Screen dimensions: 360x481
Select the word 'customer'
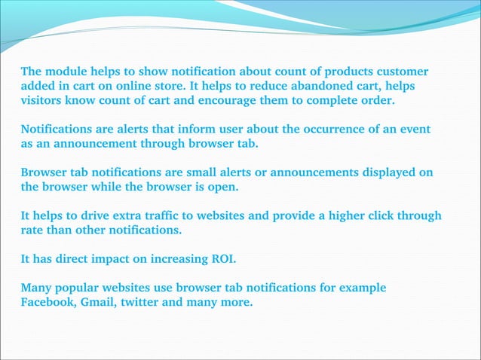click(402, 72)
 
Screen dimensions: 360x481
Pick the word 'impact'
click(113, 259)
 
